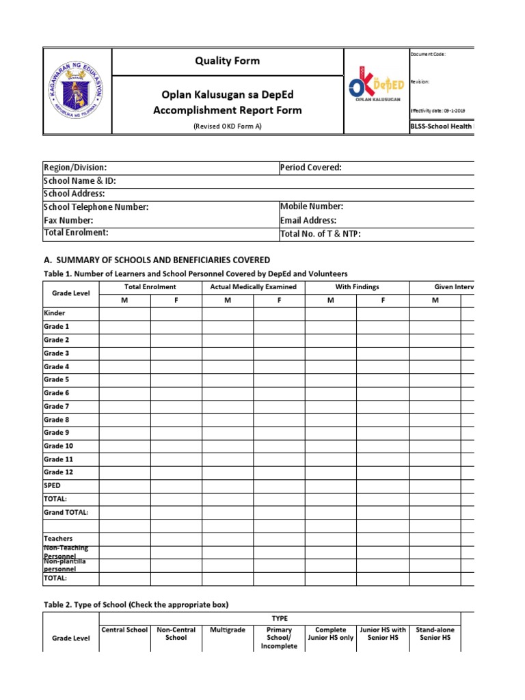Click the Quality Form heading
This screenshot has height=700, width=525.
227,61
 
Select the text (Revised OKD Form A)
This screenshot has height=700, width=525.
227,126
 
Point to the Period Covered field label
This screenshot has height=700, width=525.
310,167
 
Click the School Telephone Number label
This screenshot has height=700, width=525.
96,207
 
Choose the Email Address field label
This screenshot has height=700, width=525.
308,220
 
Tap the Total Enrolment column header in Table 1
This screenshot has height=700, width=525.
150,287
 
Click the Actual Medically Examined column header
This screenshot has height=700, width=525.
253,287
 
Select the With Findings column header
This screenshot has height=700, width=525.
357,287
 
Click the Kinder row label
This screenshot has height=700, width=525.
55,313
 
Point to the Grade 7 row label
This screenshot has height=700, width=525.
57,406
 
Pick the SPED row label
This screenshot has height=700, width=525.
53,485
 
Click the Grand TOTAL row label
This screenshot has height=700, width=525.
66,512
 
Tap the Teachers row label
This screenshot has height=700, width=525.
58,539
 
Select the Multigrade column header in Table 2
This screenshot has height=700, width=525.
228,630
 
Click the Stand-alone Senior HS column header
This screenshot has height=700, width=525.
434,634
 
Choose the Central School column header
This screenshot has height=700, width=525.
124,630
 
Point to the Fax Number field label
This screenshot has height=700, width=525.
68,220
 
